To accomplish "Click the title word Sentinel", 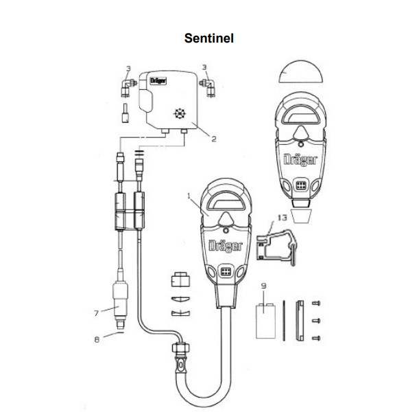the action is point(209,38).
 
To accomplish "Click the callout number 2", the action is point(214,139).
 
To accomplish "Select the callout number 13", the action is point(283,218).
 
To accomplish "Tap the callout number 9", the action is point(264,286).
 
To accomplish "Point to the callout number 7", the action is point(96,313).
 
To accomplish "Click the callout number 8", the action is point(97,340).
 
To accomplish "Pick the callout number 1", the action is point(189,196).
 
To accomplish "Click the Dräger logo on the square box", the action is point(158,80).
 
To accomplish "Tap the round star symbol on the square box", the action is point(180,114).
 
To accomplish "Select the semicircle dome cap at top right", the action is point(301,72).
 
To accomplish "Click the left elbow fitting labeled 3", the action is point(128,88).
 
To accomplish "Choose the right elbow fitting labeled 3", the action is point(208,88).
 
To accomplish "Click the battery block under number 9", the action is point(265,321).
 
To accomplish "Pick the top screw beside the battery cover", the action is point(316,304).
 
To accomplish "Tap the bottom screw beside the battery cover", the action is point(316,338).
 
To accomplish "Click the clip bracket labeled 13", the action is point(276,247).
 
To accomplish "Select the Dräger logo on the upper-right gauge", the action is point(300,160).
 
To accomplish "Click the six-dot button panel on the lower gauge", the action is point(226,272).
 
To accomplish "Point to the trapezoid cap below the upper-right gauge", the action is point(301,216).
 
